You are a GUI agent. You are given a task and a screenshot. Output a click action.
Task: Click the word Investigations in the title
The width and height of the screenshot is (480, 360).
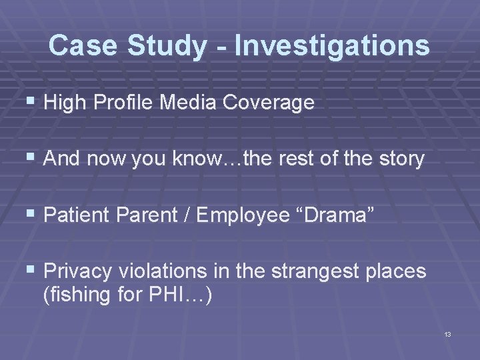coord(332,46)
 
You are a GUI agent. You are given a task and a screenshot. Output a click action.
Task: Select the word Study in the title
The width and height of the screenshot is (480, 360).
coord(173,46)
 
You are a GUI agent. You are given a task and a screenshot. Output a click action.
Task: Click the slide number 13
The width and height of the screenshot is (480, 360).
coord(447,333)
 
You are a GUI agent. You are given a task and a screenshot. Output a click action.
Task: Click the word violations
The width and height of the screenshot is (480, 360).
coord(161,271)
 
